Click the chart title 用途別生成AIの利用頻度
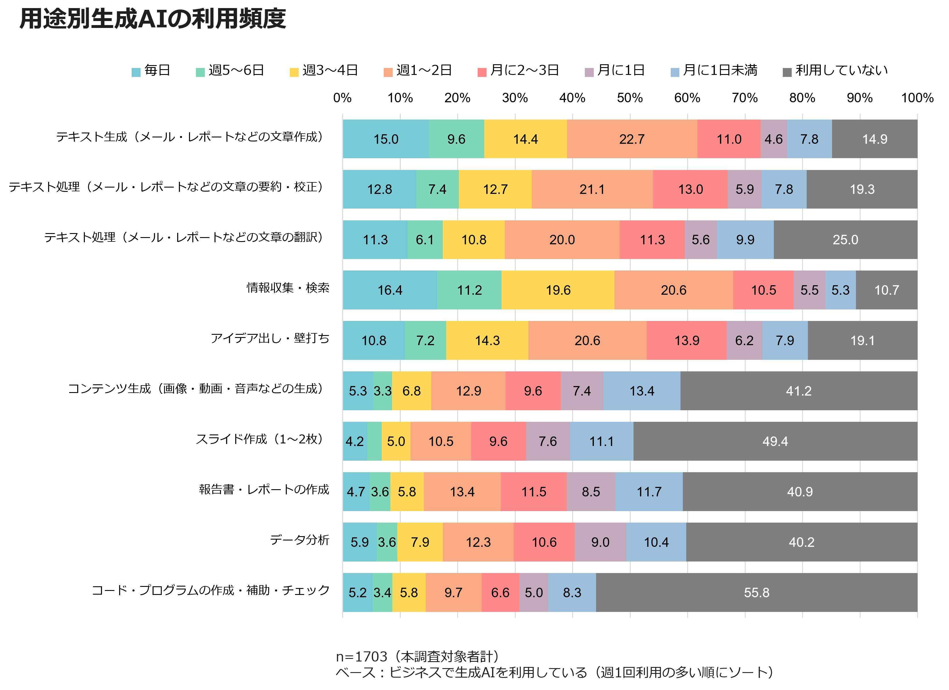[153, 19]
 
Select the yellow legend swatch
[294, 72]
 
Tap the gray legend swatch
[787, 72]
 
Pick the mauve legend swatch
[589, 72]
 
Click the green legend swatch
[201, 72]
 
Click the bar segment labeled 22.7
[632, 139]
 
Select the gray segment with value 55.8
[757, 593]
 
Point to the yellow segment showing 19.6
[558, 290]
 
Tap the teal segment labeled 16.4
[390, 290]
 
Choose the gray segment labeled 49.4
[775, 441]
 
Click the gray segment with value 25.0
[845, 240]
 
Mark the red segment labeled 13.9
[687, 340]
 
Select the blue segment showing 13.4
[642, 391]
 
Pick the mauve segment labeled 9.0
[600, 542]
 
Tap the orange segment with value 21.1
[592, 189]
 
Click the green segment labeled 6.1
[425, 240]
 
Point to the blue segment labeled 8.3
[572, 593]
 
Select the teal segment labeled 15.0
[386, 139]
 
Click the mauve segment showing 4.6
[773, 139]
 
